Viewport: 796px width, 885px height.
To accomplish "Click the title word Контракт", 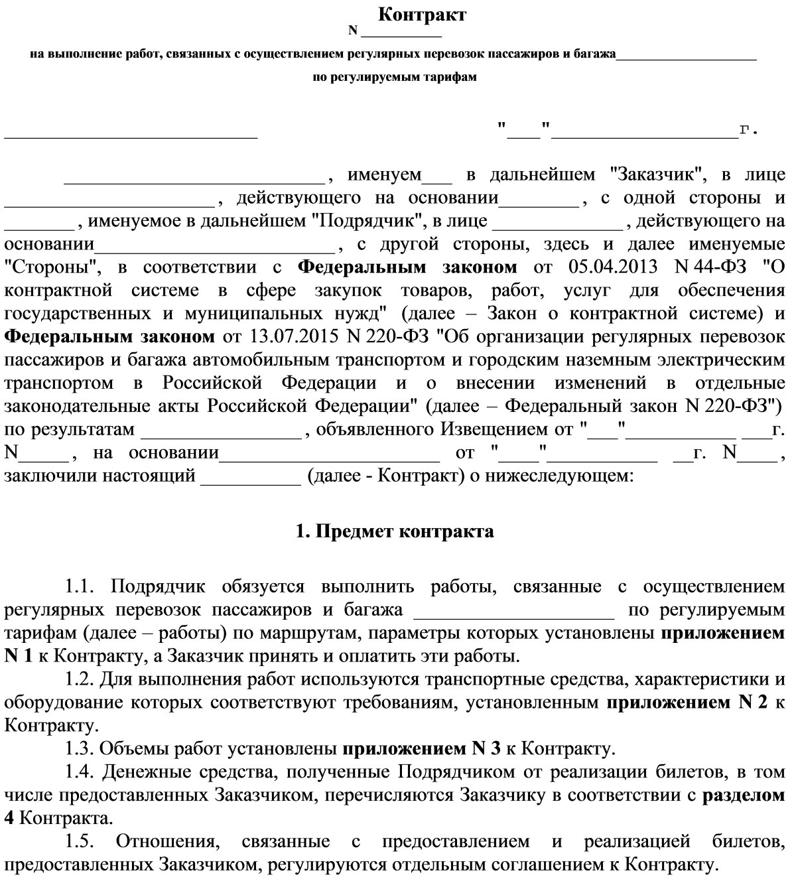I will click(422, 15).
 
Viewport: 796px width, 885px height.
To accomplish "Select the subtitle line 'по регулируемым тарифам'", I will click(395, 77).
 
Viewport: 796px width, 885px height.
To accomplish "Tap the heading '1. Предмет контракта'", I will click(395, 531).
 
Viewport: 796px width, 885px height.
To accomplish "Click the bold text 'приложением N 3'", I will click(421, 750).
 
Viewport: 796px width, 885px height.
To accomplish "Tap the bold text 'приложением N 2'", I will click(687, 703).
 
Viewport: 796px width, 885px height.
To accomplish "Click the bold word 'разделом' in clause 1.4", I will click(744, 795).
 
